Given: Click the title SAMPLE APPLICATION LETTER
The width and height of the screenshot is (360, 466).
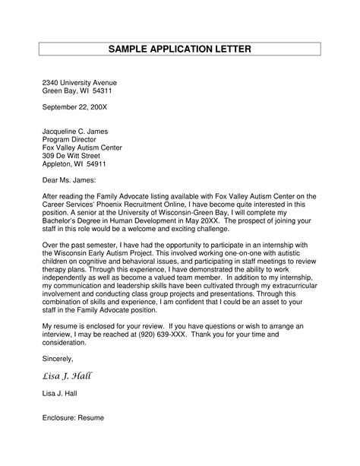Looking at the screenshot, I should click(180, 49).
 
